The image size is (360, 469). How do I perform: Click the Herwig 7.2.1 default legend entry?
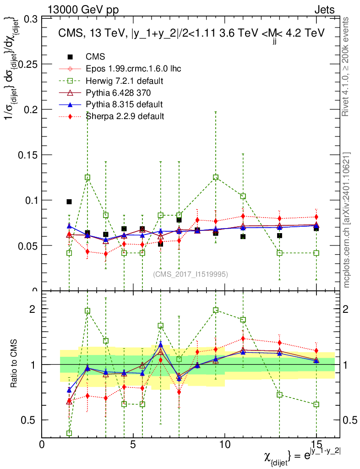tap(125, 81)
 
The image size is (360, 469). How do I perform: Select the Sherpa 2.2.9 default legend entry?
tap(125, 116)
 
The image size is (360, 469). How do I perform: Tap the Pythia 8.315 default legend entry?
tap(124, 104)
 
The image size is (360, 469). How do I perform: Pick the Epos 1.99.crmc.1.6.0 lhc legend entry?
tap(133, 69)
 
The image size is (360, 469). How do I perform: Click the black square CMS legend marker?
tap(70, 57)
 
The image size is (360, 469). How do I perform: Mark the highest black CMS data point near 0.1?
tap(69, 202)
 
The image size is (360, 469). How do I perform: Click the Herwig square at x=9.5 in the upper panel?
tap(216, 177)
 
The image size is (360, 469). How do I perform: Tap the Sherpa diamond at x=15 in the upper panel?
tap(316, 217)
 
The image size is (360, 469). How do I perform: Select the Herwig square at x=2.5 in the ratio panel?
tap(87, 311)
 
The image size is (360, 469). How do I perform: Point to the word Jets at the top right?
tap(324, 10)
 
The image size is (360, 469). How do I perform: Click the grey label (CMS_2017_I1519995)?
tap(191, 274)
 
